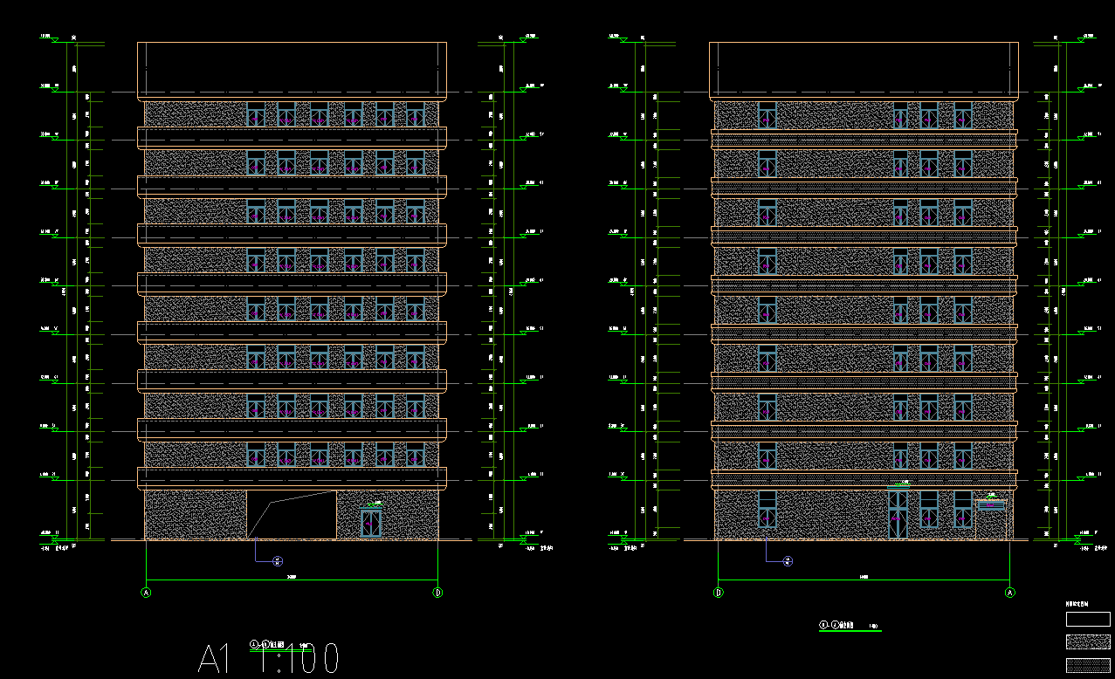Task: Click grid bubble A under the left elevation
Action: (x=146, y=593)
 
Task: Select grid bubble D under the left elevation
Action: (x=437, y=593)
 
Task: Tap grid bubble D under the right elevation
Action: (x=718, y=593)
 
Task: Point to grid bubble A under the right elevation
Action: (x=1010, y=593)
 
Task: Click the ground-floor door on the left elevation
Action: (x=371, y=522)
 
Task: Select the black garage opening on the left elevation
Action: (x=292, y=515)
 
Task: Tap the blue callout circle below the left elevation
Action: (x=278, y=561)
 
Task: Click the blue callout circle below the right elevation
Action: (x=788, y=561)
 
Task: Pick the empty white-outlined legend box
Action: (x=1088, y=619)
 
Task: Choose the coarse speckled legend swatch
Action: (x=1088, y=642)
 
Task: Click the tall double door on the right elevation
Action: (x=898, y=514)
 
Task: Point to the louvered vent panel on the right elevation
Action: (x=990, y=504)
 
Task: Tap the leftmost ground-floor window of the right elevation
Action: (x=767, y=510)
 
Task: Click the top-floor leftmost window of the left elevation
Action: (x=256, y=115)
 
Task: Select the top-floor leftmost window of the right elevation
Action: (x=767, y=115)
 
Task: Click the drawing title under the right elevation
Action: (x=850, y=625)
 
